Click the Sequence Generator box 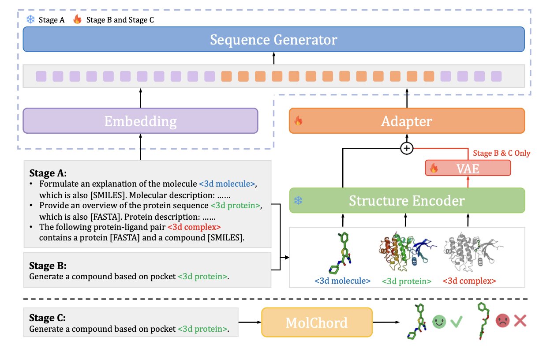click(x=273, y=40)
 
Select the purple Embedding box click(x=140, y=121)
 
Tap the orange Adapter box click(x=407, y=121)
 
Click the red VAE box click(x=468, y=168)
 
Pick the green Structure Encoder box click(x=407, y=201)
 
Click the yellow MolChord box click(x=317, y=322)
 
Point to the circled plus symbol click(x=406, y=149)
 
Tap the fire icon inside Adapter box click(x=299, y=121)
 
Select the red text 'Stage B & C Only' click(x=502, y=154)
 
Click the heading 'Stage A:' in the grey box click(x=47, y=172)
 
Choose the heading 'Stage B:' click(x=47, y=266)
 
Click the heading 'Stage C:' click(x=47, y=318)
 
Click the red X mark click(x=520, y=321)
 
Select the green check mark click(x=456, y=321)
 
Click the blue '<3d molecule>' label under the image click(x=342, y=281)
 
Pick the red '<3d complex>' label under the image click(x=469, y=281)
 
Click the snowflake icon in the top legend click(x=30, y=19)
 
